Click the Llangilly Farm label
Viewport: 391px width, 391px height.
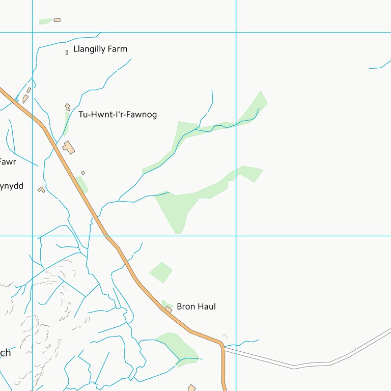tap(100, 49)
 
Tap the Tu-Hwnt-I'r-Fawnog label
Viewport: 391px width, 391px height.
tap(118, 115)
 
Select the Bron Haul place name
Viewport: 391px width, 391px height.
tap(196, 306)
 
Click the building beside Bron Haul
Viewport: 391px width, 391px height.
tap(169, 309)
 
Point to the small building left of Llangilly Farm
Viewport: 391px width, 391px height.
tap(67, 52)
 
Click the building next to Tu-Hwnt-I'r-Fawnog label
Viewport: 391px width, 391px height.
tap(67, 107)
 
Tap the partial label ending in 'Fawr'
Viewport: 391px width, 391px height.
tap(7, 162)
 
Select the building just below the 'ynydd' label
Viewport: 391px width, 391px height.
tap(41, 189)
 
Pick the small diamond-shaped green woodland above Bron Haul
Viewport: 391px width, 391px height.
tap(161, 272)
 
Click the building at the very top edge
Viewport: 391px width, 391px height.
tap(57, 20)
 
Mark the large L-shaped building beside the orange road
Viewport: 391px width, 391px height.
tap(69, 148)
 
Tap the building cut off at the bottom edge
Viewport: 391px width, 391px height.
tap(192, 388)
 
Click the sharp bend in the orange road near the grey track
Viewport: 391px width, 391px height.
tap(221, 344)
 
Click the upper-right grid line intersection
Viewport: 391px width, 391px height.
tap(236, 33)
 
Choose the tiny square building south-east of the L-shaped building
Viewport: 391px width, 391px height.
tap(83, 173)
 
